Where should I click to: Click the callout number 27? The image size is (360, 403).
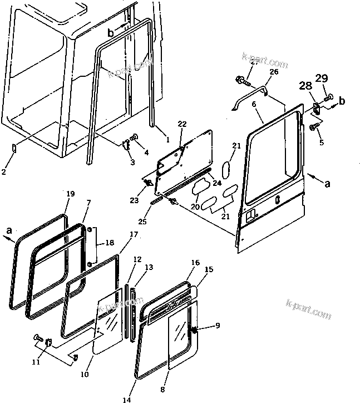tap(254, 63)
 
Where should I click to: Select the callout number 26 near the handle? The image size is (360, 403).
tap(273, 72)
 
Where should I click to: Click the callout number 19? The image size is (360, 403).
tap(70, 194)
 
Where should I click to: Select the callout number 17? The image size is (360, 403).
tap(134, 235)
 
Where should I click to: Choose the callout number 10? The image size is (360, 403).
tap(83, 375)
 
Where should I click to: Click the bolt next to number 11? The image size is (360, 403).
tap(38, 338)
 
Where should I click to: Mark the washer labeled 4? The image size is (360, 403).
tap(135, 137)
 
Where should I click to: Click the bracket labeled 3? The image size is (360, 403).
tap(126, 145)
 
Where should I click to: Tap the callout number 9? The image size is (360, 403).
tap(218, 326)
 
